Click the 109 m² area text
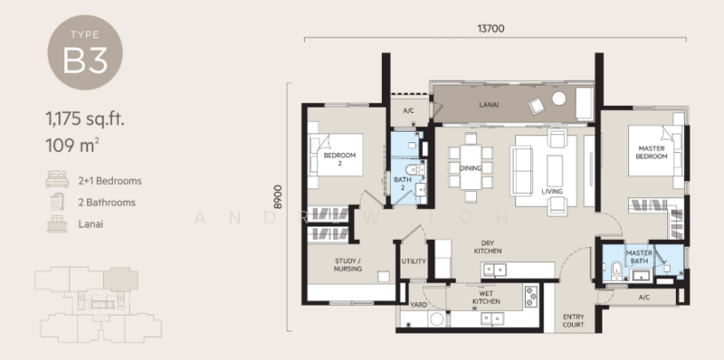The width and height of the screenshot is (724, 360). [71, 143]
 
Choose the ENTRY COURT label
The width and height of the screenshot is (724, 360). [574, 321]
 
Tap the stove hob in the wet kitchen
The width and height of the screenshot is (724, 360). [529, 296]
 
